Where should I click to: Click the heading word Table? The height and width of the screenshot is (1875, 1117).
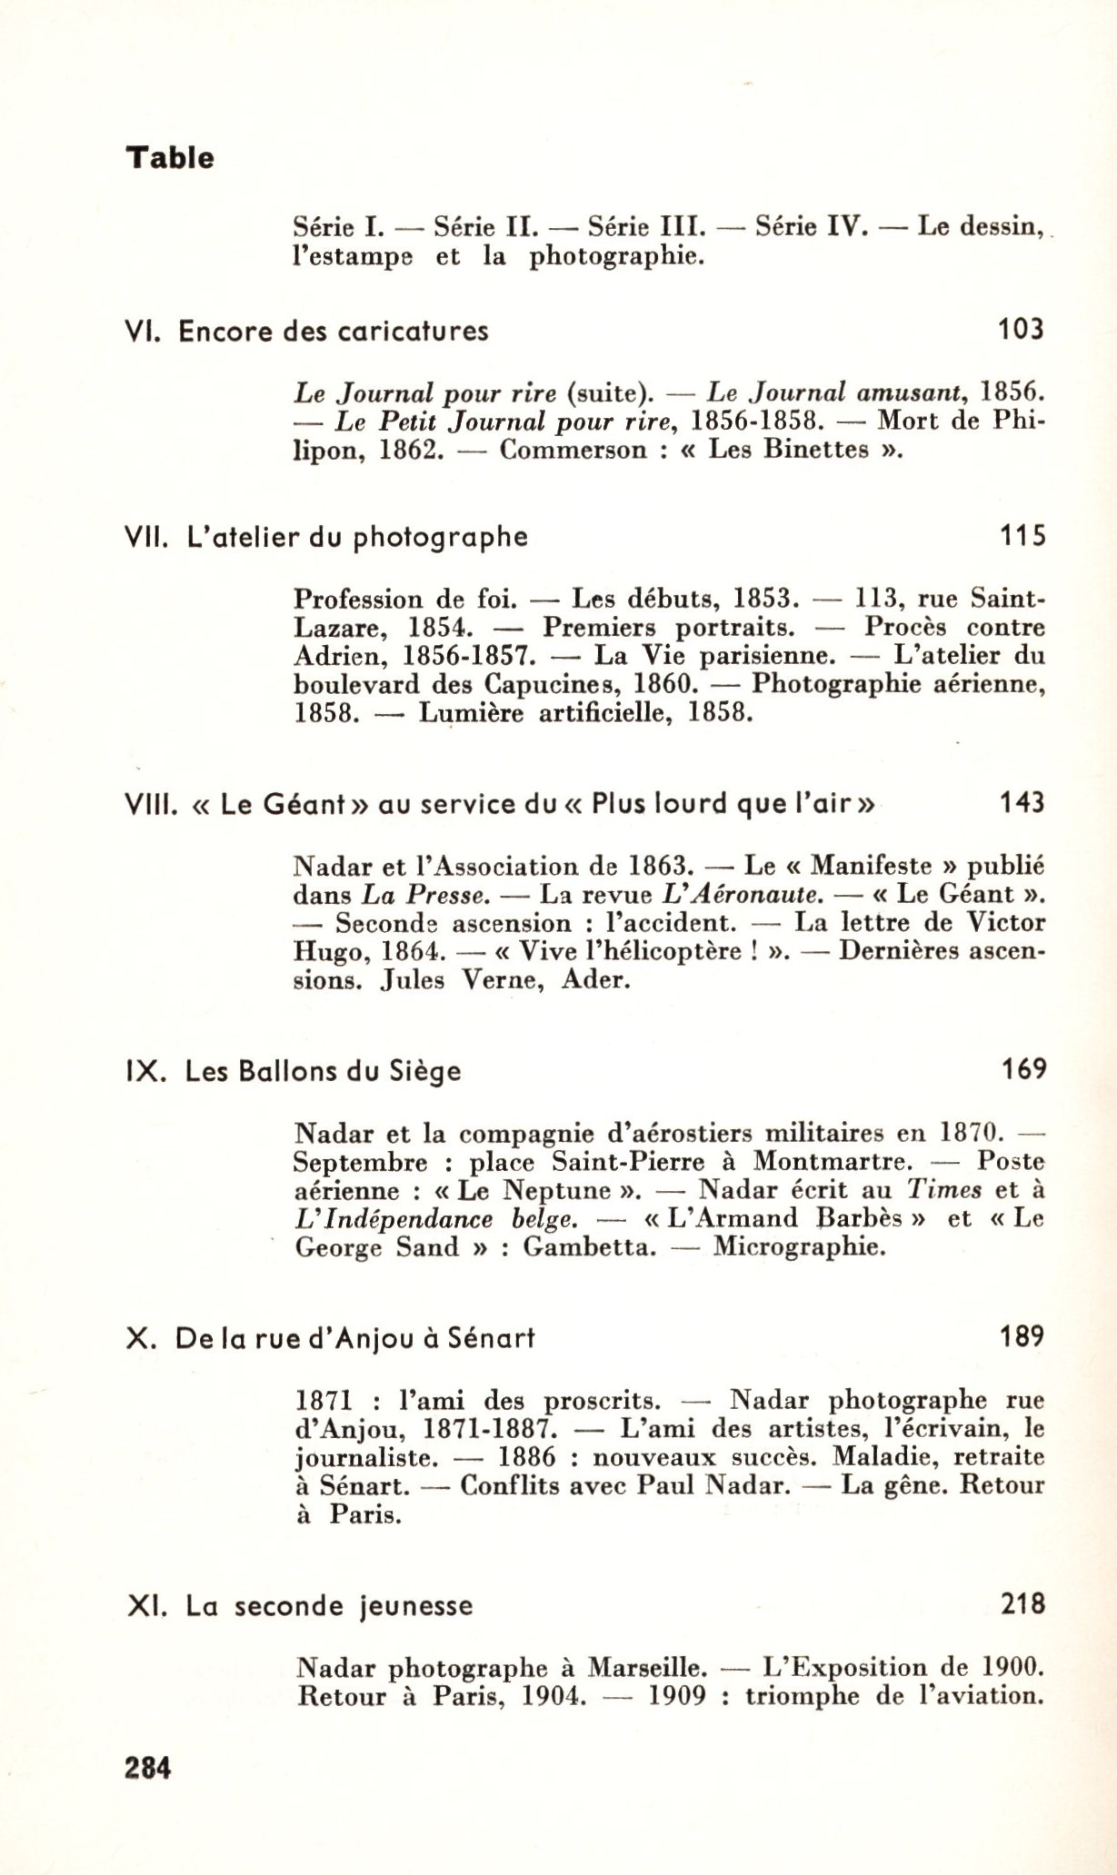pyautogui.click(x=170, y=158)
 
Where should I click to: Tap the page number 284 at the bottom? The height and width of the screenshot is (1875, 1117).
pyautogui.click(x=148, y=1768)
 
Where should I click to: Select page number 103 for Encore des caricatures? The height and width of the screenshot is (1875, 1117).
pyautogui.click(x=1021, y=329)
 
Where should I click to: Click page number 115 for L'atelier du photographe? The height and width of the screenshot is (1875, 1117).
pyautogui.click(x=1022, y=537)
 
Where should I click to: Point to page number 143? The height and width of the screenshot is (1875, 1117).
pyautogui.click(x=1022, y=803)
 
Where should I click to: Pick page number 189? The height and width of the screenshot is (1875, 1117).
pyautogui.click(x=1022, y=1336)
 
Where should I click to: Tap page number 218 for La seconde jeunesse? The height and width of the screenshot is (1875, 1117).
pyautogui.click(x=1022, y=1604)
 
